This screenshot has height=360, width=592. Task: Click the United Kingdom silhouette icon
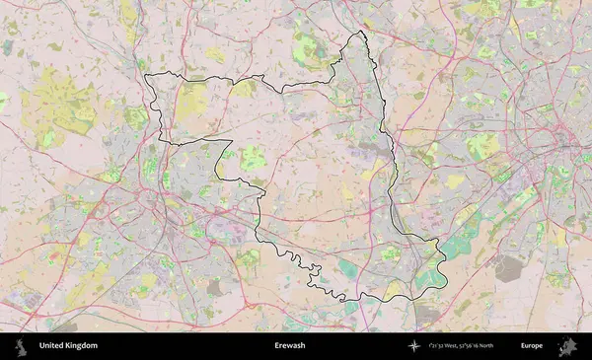(x=19, y=346)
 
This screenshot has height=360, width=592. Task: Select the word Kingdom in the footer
(x=82, y=346)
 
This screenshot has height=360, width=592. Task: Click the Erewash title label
(x=290, y=346)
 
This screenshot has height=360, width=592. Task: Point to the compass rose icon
(x=415, y=346)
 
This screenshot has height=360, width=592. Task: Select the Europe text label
(x=532, y=346)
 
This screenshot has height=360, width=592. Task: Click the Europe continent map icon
(x=567, y=346)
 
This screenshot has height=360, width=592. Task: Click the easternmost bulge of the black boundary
(x=444, y=258)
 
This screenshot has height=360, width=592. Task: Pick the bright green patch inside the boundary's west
(x=254, y=157)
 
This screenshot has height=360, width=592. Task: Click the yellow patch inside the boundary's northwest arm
(x=192, y=99)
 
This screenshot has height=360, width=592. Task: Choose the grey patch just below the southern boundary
(x=426, y=314)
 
